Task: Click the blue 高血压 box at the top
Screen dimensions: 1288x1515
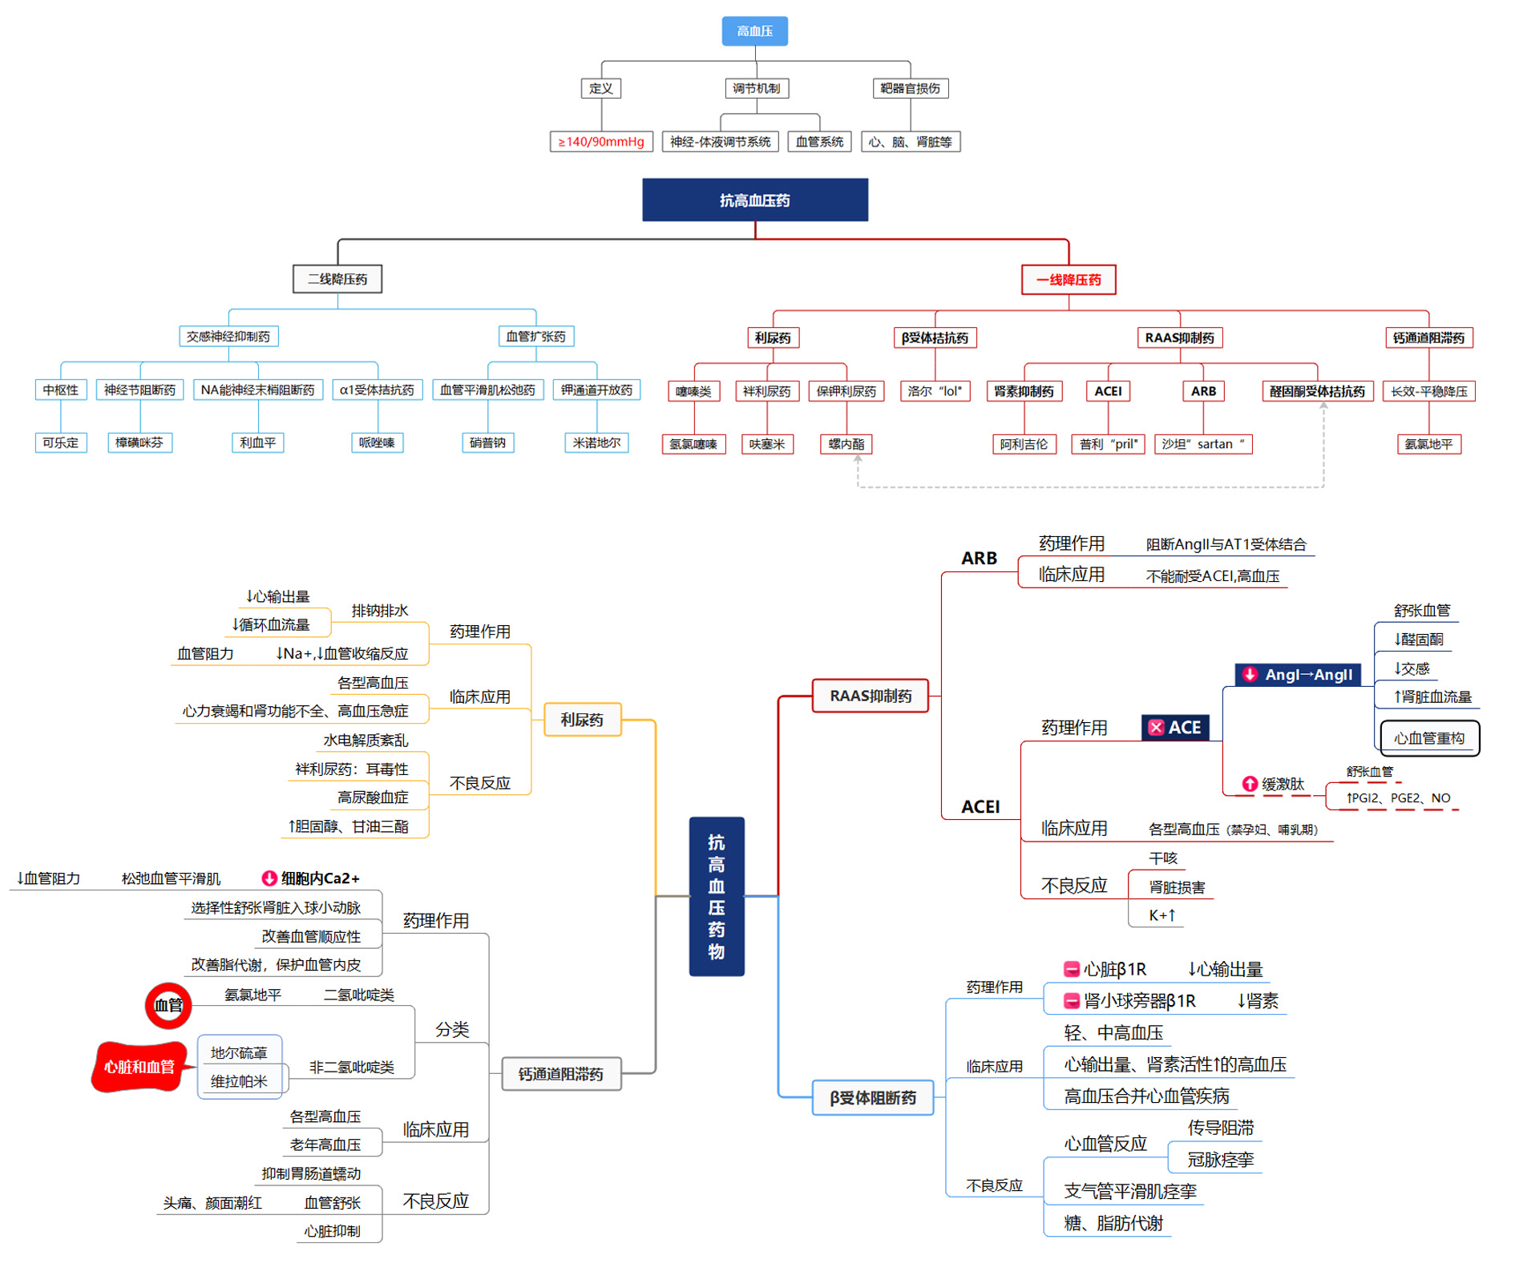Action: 753,31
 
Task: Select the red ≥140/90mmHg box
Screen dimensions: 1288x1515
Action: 600,142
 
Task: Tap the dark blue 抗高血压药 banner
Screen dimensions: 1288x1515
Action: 754,200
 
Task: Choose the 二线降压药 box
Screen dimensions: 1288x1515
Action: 337,279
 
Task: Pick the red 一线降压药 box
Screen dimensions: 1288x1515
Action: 1068,280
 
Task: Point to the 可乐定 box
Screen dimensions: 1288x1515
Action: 61,442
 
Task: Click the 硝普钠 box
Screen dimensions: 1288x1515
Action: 487,442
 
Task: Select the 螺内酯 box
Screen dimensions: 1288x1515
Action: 846,444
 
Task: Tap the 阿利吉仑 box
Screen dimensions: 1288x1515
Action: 1024,444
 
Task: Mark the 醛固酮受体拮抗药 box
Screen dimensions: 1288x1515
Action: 1316,391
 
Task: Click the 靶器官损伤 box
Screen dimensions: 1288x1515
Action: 910,88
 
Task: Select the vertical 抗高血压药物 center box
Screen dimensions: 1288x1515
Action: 716,896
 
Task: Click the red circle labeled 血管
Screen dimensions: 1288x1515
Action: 168,1005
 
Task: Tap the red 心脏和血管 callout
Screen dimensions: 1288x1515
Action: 139,1067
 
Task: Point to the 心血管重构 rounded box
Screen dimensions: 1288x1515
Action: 1428,738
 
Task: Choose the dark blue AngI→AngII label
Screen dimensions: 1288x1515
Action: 1298,675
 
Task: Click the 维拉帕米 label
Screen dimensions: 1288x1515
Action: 239,1081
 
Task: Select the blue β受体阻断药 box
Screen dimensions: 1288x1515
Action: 872,1097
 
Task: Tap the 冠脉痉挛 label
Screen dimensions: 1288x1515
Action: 1220,1160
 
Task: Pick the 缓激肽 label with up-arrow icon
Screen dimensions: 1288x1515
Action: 1274,784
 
